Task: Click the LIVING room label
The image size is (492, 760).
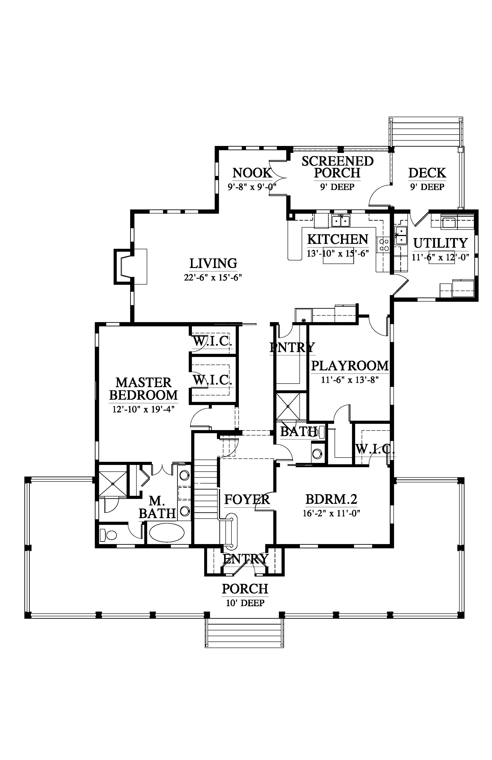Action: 213,264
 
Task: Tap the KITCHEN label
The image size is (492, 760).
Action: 338,239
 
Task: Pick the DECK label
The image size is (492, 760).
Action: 427,173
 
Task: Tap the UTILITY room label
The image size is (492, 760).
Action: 441,243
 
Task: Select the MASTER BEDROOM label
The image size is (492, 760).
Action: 143,389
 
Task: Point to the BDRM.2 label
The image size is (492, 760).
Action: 331,499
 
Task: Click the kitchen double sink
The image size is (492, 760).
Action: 341,221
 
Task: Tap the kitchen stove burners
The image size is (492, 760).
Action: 384,245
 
